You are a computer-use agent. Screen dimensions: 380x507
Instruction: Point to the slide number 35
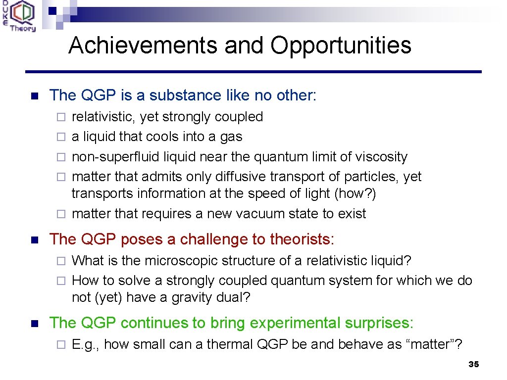[473, 365]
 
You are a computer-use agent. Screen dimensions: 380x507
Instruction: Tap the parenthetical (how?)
[355, 193]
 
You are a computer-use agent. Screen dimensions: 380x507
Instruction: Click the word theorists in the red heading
[302, 239]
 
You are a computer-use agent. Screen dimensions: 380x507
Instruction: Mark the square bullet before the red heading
[34, 240]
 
